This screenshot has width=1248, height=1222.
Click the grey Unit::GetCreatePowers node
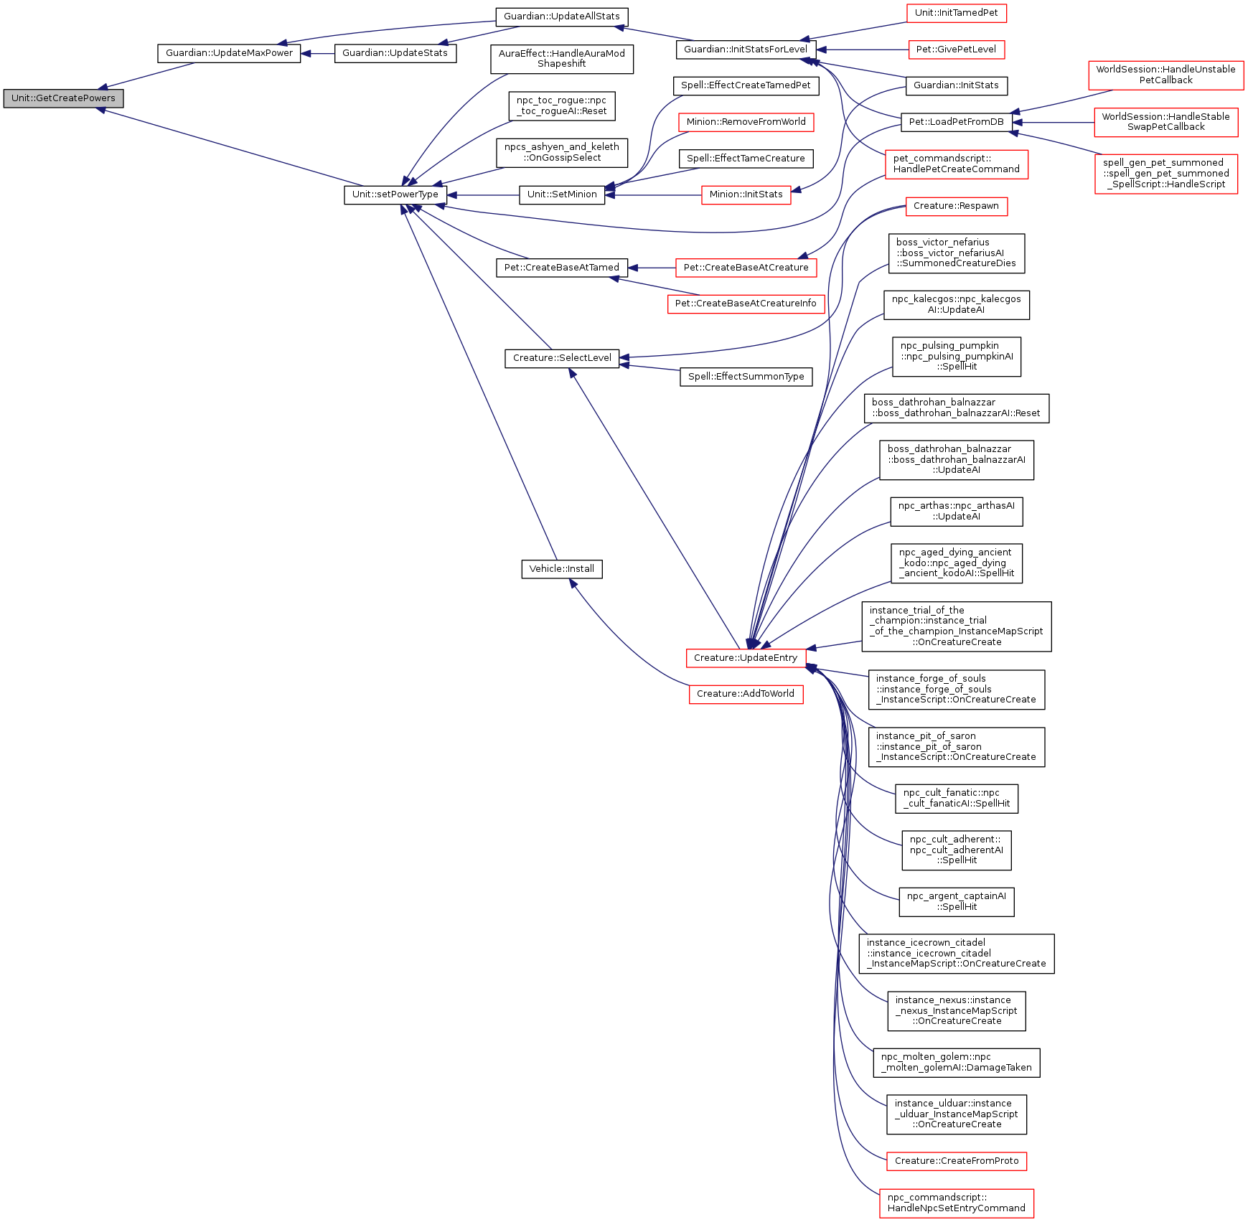63,98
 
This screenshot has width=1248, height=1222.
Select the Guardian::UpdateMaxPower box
229,53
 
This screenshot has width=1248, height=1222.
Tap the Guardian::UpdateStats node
395,53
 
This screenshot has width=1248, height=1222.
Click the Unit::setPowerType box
395,194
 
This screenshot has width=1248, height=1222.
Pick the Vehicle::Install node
561,569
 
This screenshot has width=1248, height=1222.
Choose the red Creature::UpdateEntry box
745,658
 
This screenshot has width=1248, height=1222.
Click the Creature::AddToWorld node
745,694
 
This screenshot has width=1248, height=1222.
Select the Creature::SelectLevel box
561,358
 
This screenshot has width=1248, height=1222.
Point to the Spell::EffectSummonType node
746,377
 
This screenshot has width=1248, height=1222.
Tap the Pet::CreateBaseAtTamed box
561,268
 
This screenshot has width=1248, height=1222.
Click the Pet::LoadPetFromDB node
956,122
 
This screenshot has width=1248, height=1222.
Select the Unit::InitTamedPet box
956,13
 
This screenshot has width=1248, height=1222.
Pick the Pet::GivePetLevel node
956,50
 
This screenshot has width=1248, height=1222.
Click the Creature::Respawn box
956,206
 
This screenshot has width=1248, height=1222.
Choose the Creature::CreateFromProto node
956,1161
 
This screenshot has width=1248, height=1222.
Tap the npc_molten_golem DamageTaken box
956,1062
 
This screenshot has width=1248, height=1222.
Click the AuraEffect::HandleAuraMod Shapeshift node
561,59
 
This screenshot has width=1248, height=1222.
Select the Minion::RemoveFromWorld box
746,122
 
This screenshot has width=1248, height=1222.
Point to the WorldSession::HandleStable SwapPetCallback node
1165,122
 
